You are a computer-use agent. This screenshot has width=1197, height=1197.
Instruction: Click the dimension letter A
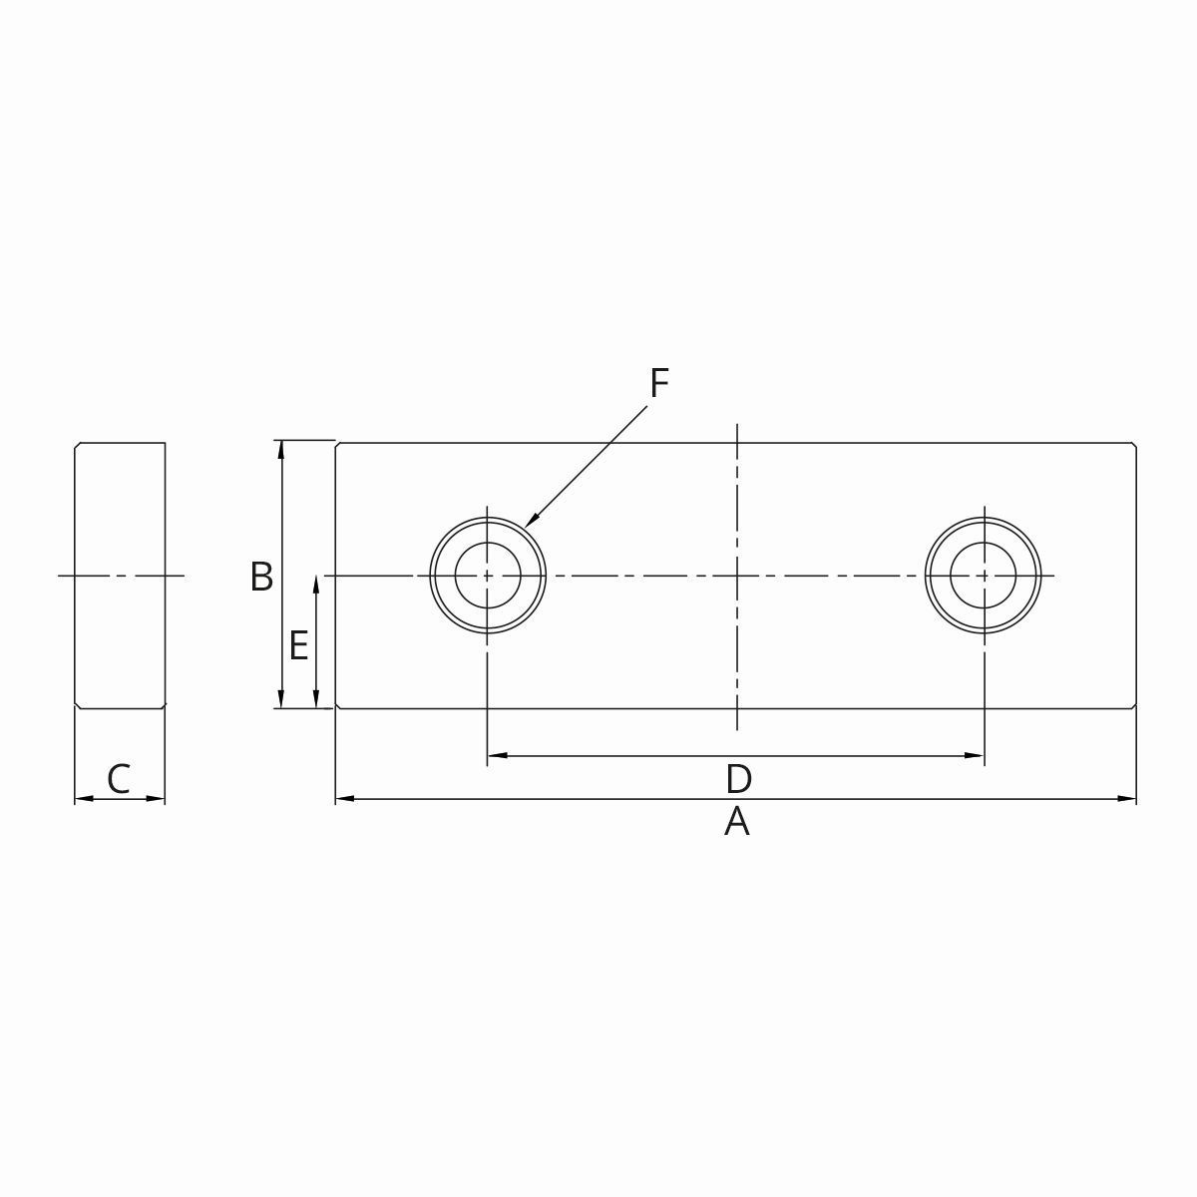tap(736, 823)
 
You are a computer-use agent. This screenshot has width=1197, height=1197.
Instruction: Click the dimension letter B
tap(261, 578)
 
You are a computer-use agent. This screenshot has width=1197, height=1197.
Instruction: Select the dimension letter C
tap(119, 779)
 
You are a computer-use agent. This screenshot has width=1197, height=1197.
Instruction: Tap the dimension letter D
tap(738, 779)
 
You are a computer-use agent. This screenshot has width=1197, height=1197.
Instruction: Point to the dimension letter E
tap(298, 646)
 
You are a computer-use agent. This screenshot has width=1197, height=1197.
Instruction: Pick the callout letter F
tap(658, 383)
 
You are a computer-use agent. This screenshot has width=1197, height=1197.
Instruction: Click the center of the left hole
tap(488, 576)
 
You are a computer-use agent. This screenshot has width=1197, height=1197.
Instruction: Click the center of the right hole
tap(984, 576)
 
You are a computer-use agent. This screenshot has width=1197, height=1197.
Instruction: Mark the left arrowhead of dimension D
tap(495, 756)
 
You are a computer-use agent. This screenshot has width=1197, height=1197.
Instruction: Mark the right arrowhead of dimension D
tap(977, 756)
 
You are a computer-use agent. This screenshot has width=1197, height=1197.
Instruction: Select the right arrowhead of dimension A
tap(1128, 798)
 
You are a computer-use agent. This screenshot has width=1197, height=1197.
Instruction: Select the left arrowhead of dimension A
tap(343, 798)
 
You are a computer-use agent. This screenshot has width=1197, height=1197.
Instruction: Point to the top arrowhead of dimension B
tap(282, 448)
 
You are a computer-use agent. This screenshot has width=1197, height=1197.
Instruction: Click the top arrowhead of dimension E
tap(316, 583)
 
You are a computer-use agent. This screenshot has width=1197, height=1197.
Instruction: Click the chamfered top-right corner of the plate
tap(1134, 445)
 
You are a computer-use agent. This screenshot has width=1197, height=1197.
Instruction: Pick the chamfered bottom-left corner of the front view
tap(338, 706)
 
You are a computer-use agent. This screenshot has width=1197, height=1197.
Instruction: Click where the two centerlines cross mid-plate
tap(737, 576)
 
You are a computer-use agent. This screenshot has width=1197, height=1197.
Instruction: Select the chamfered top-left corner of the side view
tap(77, 445)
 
